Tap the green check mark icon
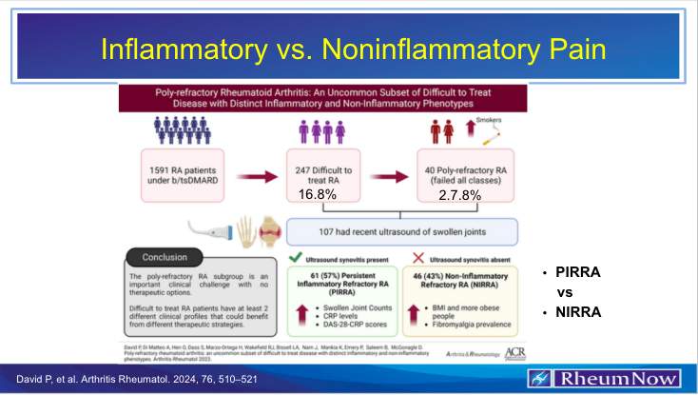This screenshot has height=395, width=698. click(295, 259)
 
